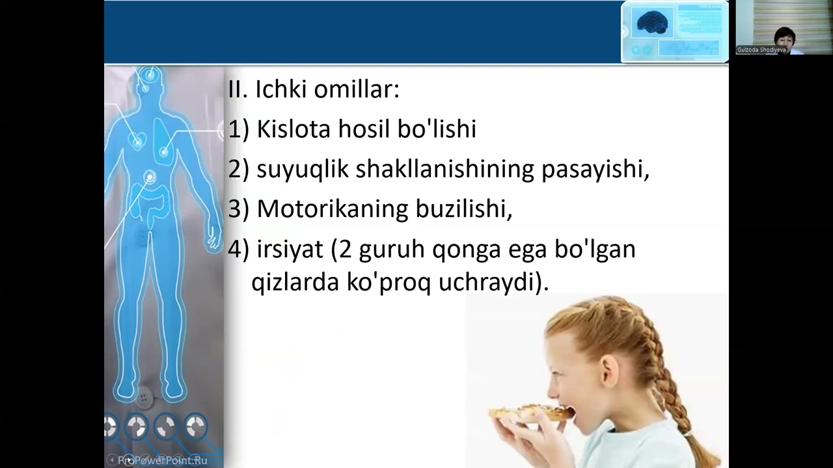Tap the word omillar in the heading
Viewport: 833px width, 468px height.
click(x=356, y=89)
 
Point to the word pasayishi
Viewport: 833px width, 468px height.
click(x=595, y=170)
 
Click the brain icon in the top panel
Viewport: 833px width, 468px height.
click(x=651, y=23)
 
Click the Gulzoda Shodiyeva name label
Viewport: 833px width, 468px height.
click(x=761, y=49)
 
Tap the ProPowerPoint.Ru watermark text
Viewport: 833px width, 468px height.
click(x=163, y=460)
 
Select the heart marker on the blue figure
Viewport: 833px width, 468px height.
click(x=137, y=139)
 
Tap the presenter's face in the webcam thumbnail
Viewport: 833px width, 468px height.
click(x=784, y=37)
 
